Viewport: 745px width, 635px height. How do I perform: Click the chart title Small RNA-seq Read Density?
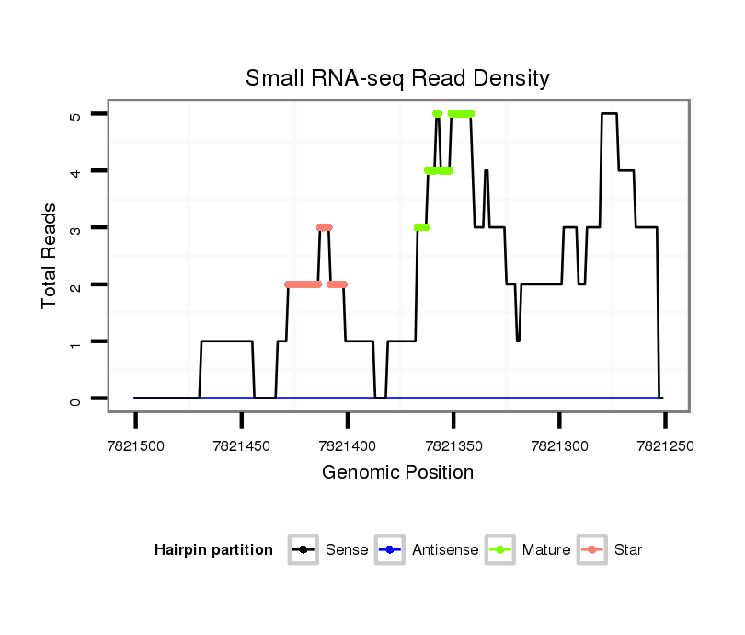point(397,78)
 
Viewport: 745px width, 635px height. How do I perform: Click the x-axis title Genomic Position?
point(397,473)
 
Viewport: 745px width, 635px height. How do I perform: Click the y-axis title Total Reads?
point(50,256)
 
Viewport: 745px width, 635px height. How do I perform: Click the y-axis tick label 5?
point(75,114)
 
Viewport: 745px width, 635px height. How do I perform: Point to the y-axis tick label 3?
point(75,228)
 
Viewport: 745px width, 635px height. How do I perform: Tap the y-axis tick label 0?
point(75,398)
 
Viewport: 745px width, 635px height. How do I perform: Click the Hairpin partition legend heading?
point(213,550)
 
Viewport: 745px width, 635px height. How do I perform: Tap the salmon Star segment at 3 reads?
point(324,227)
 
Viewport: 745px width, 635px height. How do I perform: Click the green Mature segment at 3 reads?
point(422,227)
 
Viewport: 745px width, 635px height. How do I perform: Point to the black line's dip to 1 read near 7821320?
point(519,341)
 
